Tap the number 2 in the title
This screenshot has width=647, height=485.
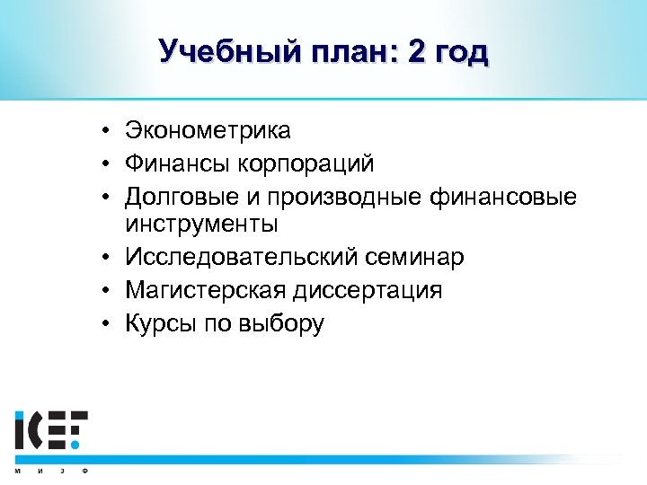419,52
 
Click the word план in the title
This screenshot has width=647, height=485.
344,53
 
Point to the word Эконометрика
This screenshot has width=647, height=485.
208,130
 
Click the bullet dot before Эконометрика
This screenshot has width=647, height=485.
106,131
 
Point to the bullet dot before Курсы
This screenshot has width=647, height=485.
106,322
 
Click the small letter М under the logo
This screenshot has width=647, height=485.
17,472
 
